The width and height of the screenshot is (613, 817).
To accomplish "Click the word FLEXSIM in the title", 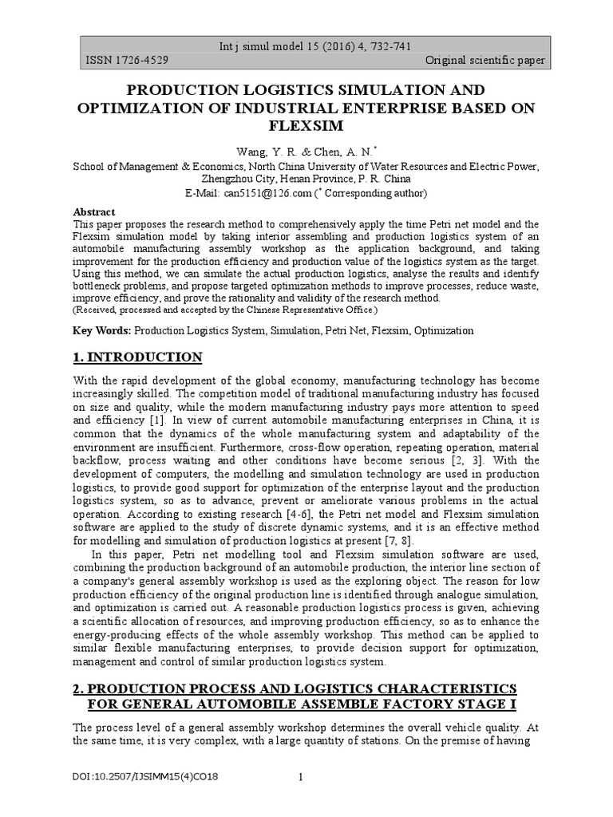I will pyautogui.click(x=306, y=126).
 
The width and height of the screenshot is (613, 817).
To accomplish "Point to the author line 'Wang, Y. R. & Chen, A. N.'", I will pyautogui.click(x=306, y=152).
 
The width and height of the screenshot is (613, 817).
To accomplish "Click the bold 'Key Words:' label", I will pyautogui.click(x=102, y=330).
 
